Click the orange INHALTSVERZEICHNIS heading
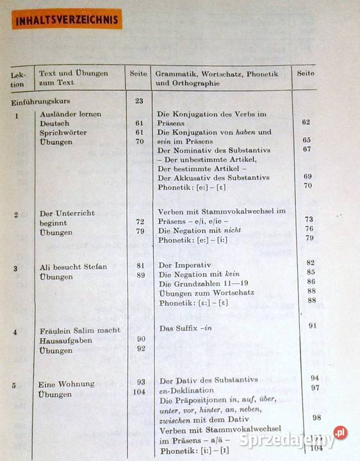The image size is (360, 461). point(67,19)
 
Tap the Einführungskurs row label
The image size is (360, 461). point(41,101)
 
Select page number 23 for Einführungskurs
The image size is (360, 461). point(138,101)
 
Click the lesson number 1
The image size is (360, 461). point(16,115)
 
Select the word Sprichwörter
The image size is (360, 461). point(63,133)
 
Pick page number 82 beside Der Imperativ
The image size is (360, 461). point(311,263)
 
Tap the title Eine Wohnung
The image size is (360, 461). point(66,384)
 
